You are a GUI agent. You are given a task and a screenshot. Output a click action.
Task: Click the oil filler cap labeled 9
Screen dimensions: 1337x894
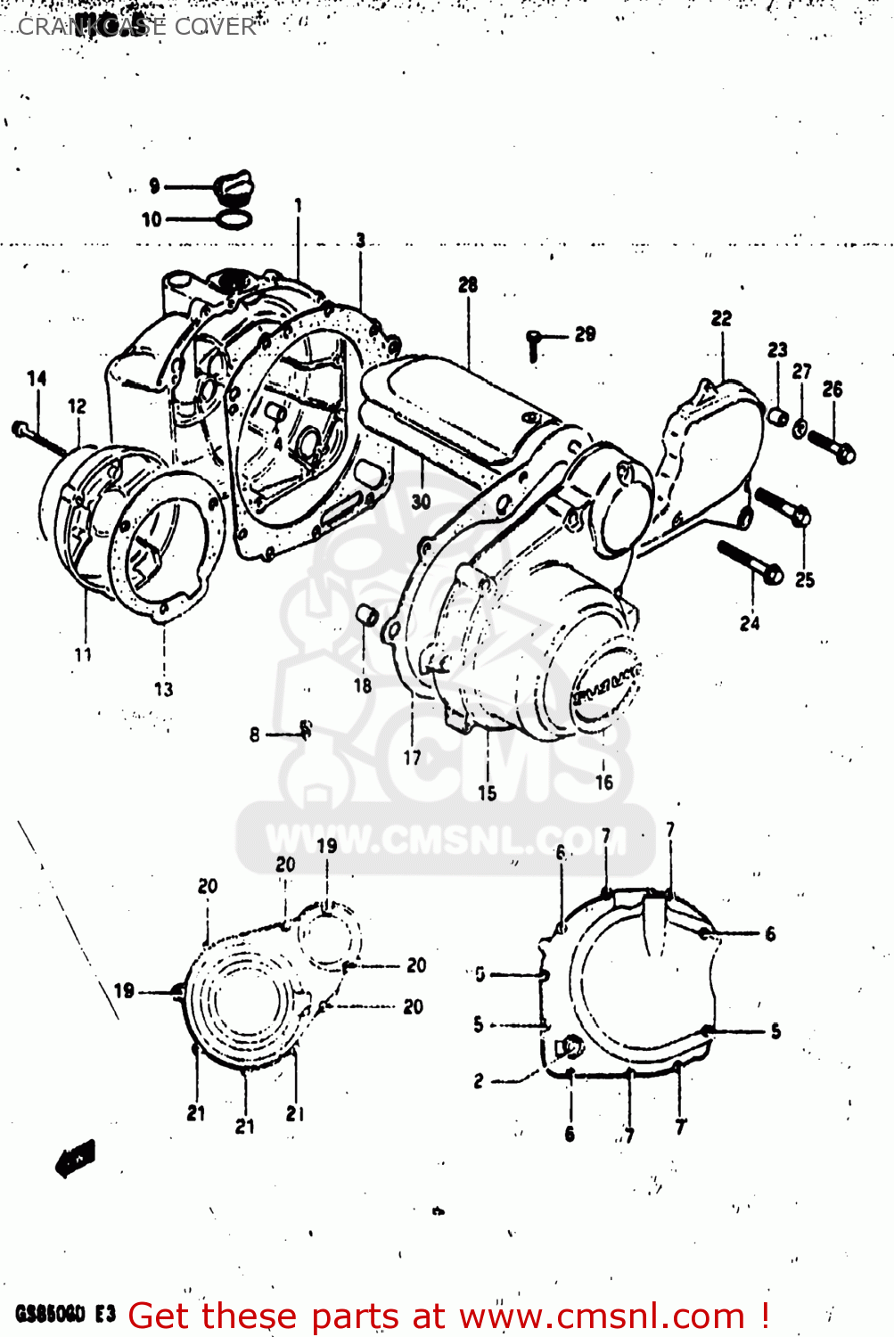point(234,185)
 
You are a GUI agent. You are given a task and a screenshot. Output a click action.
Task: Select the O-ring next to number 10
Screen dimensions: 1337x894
point(234,218)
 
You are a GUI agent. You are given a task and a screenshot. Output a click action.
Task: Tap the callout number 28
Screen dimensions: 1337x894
point(468,285)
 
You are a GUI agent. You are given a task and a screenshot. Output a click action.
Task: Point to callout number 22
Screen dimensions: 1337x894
point(721,318)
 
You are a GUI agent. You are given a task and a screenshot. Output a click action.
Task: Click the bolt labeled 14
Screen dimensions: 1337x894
point(40,439)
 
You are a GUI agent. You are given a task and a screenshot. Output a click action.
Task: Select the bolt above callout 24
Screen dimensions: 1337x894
point(750,562)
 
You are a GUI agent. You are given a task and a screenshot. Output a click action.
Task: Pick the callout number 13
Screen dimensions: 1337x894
point(164,689)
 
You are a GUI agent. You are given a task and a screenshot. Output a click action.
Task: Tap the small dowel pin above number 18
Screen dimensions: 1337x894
point(365,614)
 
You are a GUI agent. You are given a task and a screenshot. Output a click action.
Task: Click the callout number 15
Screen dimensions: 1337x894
point(487,793)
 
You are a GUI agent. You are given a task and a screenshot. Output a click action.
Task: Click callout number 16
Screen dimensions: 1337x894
point(604,783)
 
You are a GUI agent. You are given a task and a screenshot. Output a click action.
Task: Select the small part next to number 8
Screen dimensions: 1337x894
point(305,729)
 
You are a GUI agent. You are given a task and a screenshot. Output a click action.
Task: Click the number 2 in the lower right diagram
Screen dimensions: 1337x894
point(479,1081)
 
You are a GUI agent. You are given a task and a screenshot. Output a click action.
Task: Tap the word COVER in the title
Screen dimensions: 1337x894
point(215,27)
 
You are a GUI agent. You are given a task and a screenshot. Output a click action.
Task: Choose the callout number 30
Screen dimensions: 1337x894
point(421,502)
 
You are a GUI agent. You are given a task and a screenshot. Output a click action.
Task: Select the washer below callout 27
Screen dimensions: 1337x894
point(800,429)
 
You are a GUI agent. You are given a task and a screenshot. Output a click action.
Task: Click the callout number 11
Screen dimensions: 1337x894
point(83,655)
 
